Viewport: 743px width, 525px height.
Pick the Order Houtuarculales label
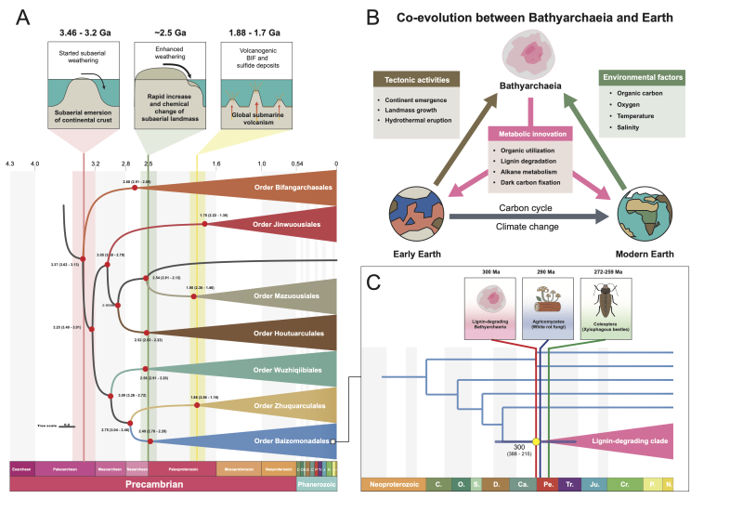pos(293,332)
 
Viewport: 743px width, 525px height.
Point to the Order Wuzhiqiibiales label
pos(293,369)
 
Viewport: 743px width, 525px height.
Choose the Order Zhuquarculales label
pos(293,406)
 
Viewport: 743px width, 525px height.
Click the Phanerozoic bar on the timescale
pos(316,483)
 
